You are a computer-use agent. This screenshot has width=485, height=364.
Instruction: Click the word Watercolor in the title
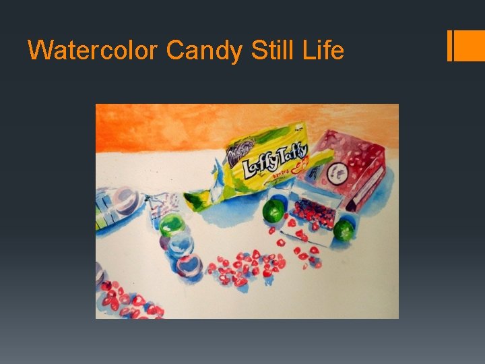tap(93, 50)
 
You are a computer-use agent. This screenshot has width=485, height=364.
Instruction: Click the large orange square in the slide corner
tap(470, 46)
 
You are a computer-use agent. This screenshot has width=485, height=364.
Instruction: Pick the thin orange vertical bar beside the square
tap(449, 46)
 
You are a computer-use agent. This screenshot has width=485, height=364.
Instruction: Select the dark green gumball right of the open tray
tap(344, 230)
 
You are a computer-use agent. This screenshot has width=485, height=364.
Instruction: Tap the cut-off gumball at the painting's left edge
tap(99, 272)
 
